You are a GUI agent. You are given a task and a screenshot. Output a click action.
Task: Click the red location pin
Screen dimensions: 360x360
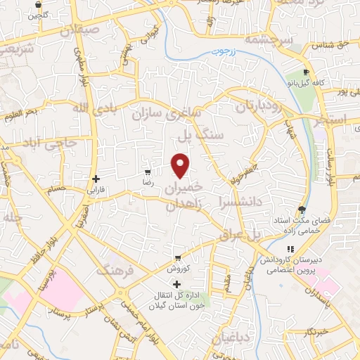pyautogui.click(x=181, y=165)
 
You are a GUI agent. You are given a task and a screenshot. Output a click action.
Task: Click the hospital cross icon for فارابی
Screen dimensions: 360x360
pyautogui.click(x=96, y=179)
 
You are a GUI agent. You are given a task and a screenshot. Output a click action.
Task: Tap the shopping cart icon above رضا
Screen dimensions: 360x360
pyautogui.click(x=147, y=172)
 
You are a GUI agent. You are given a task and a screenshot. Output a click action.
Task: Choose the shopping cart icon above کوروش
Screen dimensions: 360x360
pyautogui.click(x=178, y=257)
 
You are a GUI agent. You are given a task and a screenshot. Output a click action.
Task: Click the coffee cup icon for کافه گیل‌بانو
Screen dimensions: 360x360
pyautogui.click(x=306, y=72)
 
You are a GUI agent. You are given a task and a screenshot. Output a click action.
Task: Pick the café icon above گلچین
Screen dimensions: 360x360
pyautogui.click(x=37, y=4)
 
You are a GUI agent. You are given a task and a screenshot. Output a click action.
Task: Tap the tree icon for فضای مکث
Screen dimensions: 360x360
pyautogui.click(x=302, y=210)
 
